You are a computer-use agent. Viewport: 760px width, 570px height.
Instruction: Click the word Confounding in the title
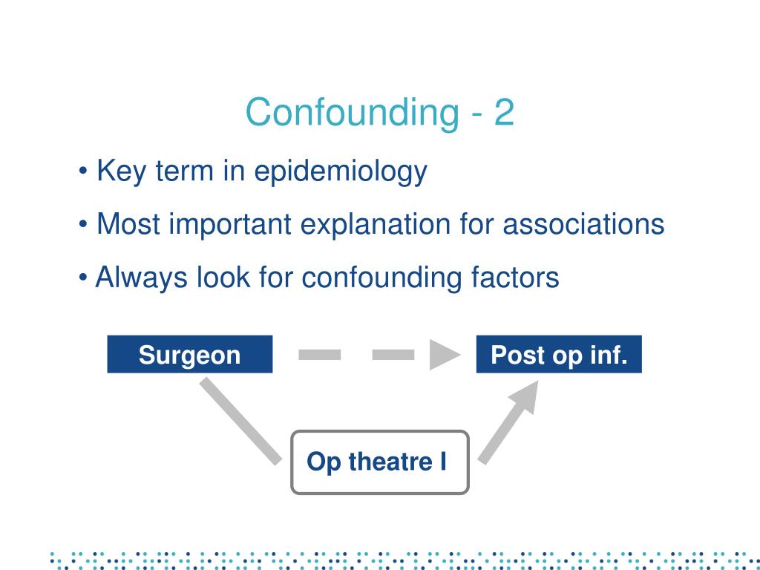pos(352,113)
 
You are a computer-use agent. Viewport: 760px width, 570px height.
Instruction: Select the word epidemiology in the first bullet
pos(341,172)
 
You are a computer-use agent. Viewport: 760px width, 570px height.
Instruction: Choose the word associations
pos(583,224)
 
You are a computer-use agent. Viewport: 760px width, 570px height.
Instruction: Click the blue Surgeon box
pos(189,355)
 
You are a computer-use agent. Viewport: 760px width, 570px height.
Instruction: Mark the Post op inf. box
pos(559,355)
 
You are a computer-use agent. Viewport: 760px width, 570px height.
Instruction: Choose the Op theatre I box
pos(379,462)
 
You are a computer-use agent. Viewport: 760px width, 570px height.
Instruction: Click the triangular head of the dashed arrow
pos(444,355)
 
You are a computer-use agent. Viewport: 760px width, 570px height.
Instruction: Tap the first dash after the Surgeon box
pos(319,355)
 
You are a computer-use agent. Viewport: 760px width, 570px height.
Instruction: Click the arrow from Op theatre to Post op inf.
pos(508,421)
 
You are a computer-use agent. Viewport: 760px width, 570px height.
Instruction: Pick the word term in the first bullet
pos(185,172)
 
